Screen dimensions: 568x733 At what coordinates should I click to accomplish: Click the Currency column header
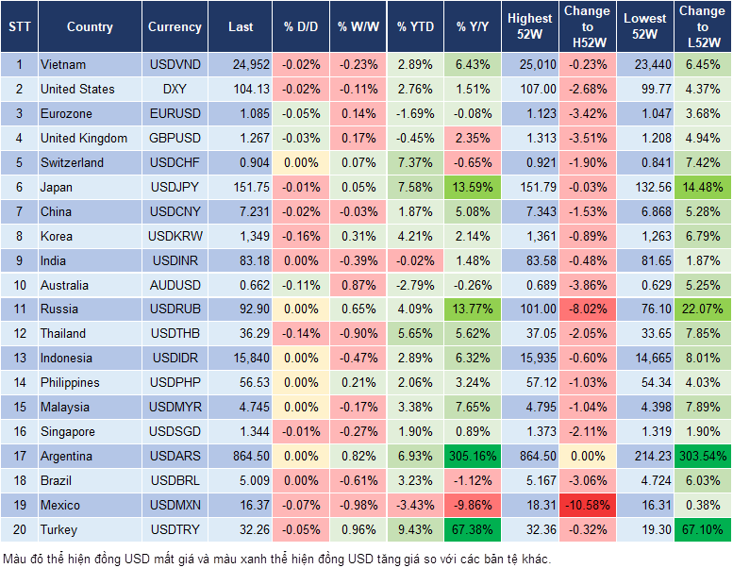[x=175, y=27]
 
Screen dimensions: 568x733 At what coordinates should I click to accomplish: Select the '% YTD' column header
[x=414, y=27]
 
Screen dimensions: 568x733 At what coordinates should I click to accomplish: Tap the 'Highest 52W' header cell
[x=529, y=27]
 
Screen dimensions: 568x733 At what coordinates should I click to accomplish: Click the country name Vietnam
[x=63, y=64]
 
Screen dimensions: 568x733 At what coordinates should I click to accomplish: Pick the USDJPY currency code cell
[x=175, y=188]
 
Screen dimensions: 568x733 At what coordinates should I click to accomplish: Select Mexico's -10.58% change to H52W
[x=588, y=506]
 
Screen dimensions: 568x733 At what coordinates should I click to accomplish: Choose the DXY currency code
[x=175, y=89]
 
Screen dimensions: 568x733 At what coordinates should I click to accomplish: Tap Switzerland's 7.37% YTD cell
[x=414, y=162]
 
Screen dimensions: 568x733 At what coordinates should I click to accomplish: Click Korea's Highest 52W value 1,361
[x=529, y=236]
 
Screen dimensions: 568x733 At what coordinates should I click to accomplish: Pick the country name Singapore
[x=67, y=432]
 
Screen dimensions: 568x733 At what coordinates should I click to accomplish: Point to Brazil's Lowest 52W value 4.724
[x=646, y=481]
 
